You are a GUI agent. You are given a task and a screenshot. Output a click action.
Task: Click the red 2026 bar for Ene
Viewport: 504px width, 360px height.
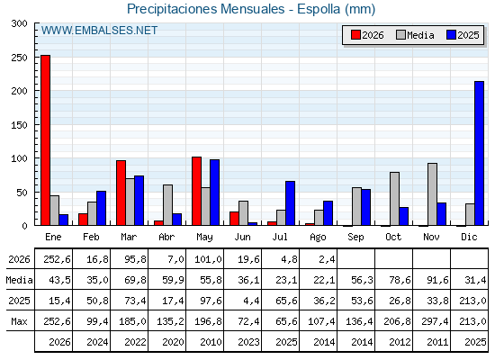[x=45, y=140]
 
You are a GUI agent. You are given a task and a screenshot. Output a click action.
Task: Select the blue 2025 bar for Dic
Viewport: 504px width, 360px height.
[x=479, y=153]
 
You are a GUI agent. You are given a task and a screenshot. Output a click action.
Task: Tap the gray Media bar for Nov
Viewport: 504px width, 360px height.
[x=432, y=194]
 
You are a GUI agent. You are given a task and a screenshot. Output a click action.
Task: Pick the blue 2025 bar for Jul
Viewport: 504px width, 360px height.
[x=290, y=203]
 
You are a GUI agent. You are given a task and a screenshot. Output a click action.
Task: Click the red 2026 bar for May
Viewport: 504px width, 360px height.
[x=197, y=191]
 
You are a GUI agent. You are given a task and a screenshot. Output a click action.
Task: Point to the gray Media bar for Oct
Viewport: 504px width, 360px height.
[x=394, y=199]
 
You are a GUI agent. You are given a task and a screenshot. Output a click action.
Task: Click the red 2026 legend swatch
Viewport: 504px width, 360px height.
[x=355, y=35]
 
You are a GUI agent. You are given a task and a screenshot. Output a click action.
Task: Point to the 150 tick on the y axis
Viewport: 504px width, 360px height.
[x=19, y=125]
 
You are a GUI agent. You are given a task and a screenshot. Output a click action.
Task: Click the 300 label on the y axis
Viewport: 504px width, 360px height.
[x=19, y=23]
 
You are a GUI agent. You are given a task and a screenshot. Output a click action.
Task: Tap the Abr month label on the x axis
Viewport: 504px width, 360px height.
[x=166, y=237]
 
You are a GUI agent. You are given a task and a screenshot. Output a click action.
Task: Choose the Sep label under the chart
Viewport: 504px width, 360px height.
[x=355, y=238]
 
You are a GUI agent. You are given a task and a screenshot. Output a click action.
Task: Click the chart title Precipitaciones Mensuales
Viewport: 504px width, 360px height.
[x=206, y=9]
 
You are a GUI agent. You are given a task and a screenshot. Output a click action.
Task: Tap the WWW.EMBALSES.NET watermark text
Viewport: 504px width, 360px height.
[x=99, y=31]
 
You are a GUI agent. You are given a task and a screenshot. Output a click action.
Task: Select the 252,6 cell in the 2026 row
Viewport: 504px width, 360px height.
[x=57, y=259]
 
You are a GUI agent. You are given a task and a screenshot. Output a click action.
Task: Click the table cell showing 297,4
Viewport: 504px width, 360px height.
[x=435, y=321]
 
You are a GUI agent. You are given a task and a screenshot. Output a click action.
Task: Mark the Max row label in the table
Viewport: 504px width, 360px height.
[x=19, y=321]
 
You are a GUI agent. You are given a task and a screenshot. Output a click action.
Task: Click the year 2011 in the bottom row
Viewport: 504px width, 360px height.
[x=437, y=342]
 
